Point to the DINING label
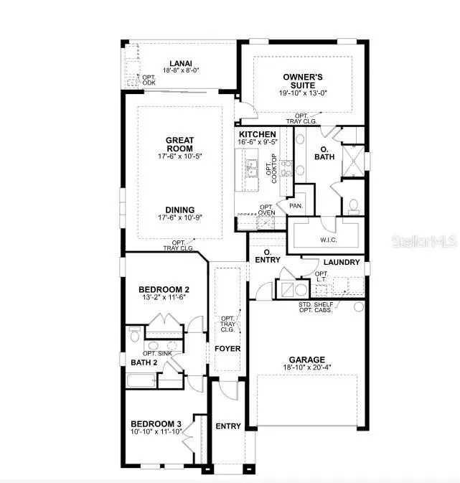pos(179,210)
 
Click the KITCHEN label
pos(257,134)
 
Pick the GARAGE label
pos(307,360)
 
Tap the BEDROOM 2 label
pos(164,289)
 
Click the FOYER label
pos(228,349)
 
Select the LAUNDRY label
pos(342,262)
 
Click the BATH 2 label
pos(143,363)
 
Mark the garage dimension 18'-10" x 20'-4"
pos(307,369)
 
